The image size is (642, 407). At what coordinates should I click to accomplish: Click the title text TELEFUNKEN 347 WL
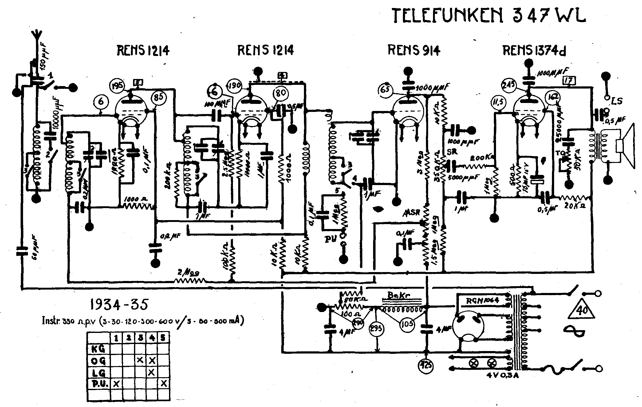coord(489,15)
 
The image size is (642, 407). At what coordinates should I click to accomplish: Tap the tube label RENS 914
coord(414,50)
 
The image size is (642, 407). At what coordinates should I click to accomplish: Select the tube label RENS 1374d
coord(534,51)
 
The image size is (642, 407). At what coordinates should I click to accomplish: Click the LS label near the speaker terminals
coord(617,101)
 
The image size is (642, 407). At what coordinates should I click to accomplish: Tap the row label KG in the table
coord(98,349)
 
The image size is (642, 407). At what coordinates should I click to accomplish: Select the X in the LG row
coord(151,372)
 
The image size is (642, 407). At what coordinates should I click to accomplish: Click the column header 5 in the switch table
coord(163,338)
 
